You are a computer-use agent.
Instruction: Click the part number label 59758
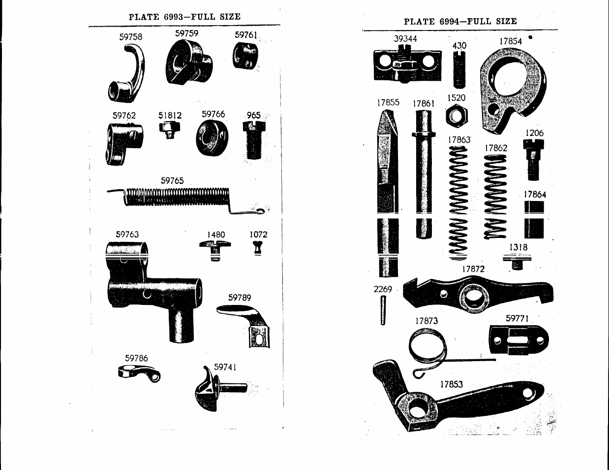pos(130,37)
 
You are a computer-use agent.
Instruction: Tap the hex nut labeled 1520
pos(457,116)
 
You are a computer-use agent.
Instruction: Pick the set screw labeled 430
pos(459,69)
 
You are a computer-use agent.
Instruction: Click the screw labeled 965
pos(254,140)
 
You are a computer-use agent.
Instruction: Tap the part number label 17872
pos(473,269)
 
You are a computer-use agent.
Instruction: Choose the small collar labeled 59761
pos(245,56)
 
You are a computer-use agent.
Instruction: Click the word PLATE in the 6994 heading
pos(419,22)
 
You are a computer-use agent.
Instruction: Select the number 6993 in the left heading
pos(173,17)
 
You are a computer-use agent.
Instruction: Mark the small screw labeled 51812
pos(169,130)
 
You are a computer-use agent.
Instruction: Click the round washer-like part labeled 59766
pos(212,137)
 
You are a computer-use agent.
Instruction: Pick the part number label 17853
pos(451,384)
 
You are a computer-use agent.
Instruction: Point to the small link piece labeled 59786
pos(139,373)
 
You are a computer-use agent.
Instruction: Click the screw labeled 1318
pos(517,261)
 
